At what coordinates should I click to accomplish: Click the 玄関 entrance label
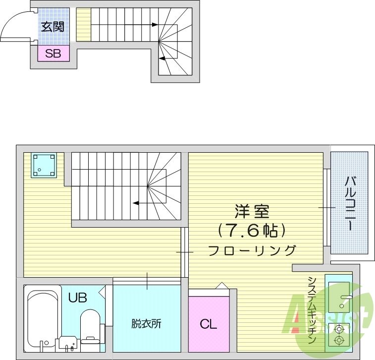pos(53,27)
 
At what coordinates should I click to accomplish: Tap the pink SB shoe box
pos(53,53)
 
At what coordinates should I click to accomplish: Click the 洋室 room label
pos(252,211)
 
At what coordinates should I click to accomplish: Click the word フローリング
pos(252,249)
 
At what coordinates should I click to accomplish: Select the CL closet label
pos(209,324)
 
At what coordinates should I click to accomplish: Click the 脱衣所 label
pos(146,324)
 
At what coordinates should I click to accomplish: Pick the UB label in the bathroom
pos(78,298)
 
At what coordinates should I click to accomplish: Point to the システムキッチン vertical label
pos(312,310)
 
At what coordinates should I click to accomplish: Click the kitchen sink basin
pos(338,296)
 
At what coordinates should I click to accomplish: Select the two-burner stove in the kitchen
pos(338,334)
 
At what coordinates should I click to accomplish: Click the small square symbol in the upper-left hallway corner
pos(44,165)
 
